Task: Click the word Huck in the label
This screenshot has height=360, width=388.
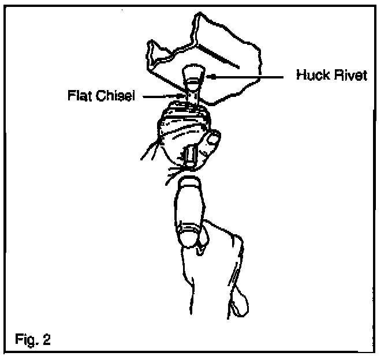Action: [309, 76]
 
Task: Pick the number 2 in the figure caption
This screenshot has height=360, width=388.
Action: [47, 339]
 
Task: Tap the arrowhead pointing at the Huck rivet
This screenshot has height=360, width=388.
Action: [210, 76]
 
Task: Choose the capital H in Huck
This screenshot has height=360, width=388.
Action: [300, 76]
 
